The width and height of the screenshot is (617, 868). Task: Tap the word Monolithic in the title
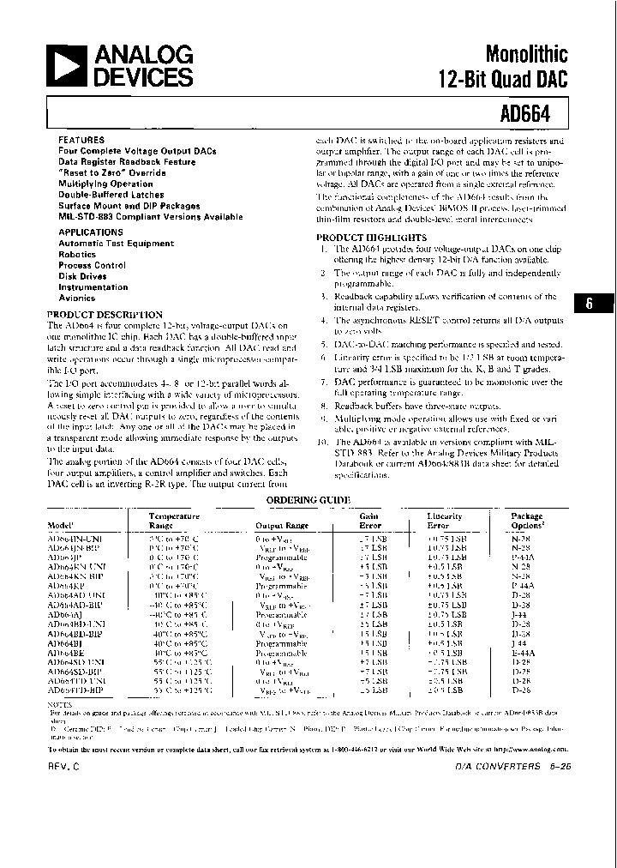point(525,55)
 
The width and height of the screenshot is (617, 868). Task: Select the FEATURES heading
point(81,139)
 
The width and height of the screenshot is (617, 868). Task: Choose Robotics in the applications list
point(77,255)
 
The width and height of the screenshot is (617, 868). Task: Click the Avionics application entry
point(77,298)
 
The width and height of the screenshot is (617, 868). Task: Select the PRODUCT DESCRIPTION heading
point(104,315)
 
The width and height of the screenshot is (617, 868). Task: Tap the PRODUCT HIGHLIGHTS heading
point(371,238)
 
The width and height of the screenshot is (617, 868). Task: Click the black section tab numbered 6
point(589,304)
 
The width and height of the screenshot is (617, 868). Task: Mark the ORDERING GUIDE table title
point(308,499)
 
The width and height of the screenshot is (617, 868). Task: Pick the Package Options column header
point(527,521)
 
